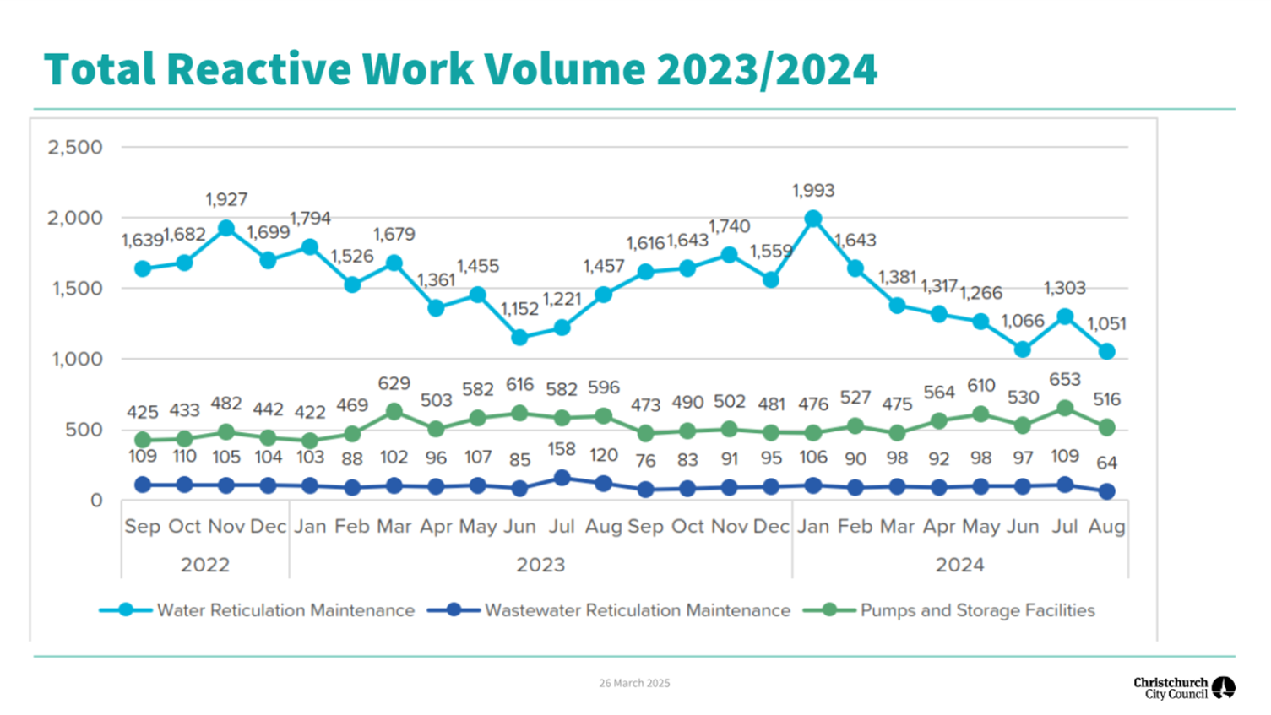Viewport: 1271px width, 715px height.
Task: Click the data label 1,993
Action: pos(812,191)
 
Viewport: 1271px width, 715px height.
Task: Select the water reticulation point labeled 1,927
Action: pos(226,229)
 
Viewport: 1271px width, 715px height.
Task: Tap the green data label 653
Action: pos(1064,380)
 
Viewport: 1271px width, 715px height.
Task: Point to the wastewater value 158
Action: pos(562,449)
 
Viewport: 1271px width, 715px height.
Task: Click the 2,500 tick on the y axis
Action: pos(74,148)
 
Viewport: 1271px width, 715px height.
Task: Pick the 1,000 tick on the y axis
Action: pos(77,359)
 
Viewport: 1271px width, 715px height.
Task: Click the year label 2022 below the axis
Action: pos(204,565)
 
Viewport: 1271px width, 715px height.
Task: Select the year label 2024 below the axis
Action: pos(959,565)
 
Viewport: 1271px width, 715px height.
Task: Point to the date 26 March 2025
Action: pos(634,683)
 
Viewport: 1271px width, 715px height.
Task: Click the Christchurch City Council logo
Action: pos(1183,688)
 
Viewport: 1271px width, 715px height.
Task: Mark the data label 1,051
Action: pos(1106,324)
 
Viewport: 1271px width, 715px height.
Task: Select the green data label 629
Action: pos(394,383)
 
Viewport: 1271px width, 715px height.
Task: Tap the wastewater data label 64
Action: pos(1106,463)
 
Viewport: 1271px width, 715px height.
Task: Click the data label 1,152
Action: pos(519,309)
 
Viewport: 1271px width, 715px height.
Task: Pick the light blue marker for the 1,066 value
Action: pos(1023,349)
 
